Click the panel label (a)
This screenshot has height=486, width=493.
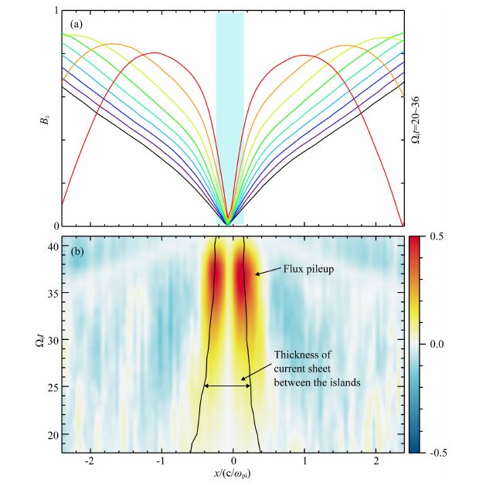(76, 24)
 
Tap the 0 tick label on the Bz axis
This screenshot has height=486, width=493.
(55, 226)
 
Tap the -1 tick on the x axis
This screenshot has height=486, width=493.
(160, 461)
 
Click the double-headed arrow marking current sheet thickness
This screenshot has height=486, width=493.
(227, 385)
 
